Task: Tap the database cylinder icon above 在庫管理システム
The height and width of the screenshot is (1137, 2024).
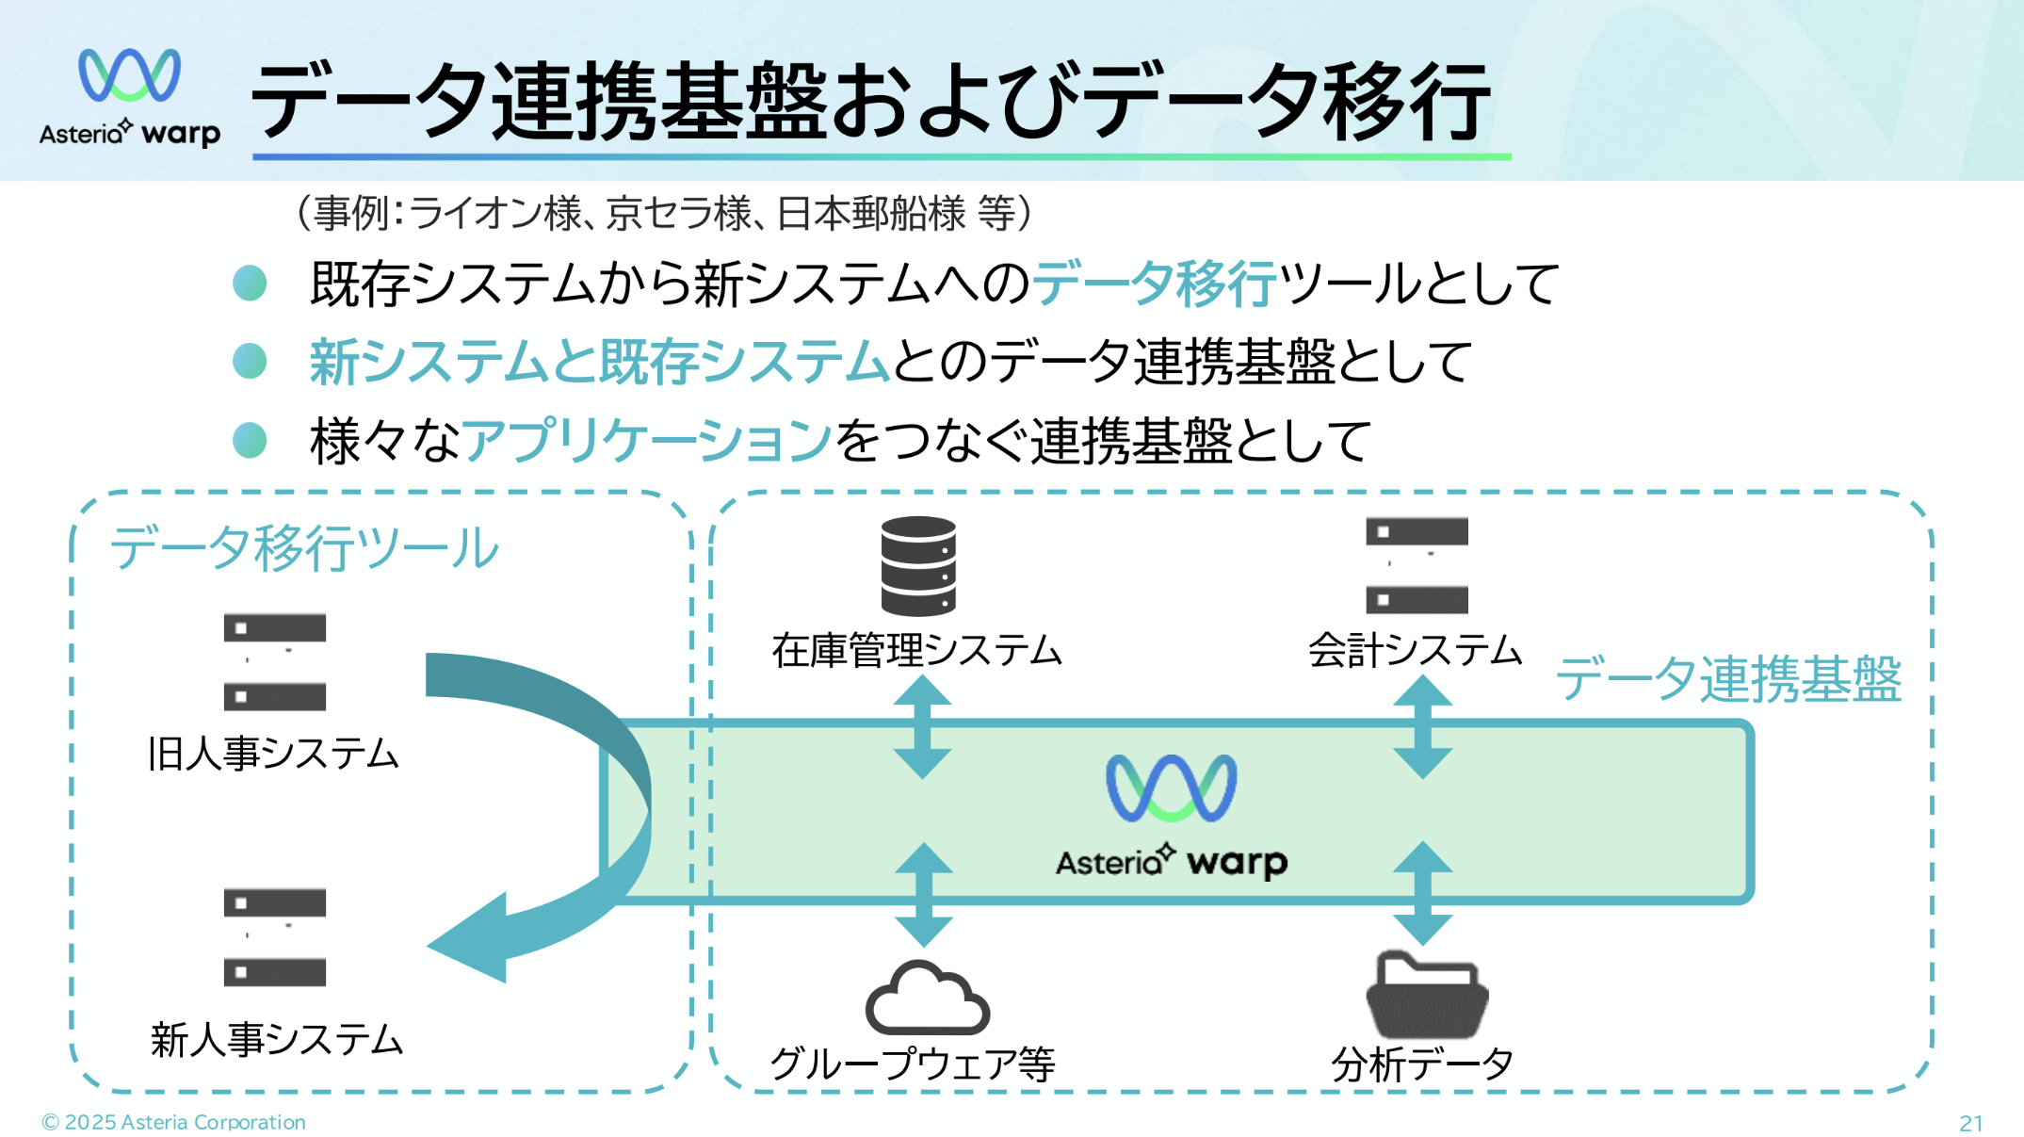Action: pos(918,565)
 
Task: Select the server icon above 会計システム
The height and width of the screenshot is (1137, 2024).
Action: pos(1417,565)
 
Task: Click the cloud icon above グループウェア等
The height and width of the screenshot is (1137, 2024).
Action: pos(927,999)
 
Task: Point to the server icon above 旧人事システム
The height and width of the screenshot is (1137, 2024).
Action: pos(274,661)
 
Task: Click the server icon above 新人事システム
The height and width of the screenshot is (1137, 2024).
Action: pos(274,937)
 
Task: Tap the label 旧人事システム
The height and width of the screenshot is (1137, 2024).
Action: pos(273,754)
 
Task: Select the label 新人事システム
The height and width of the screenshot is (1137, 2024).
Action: pos(276,1040)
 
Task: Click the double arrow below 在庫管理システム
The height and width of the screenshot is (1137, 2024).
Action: pos(922,727)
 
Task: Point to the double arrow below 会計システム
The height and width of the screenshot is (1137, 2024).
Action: pos(1421,727)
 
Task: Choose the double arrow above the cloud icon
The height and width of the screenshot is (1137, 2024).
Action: pos(923,894)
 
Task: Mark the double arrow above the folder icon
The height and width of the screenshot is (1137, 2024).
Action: pos(1421,893)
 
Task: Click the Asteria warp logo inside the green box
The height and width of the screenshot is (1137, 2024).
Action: pos(1171,816)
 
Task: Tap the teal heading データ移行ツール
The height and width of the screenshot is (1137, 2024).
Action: pos(304,547)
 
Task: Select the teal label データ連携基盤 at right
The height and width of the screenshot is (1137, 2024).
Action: pos(1728,679)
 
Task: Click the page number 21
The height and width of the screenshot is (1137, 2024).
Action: pos(1970,1123)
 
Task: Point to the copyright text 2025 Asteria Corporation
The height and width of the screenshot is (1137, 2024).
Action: pos(174,1122)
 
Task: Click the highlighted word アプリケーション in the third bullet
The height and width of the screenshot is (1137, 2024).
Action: pos(647,440)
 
